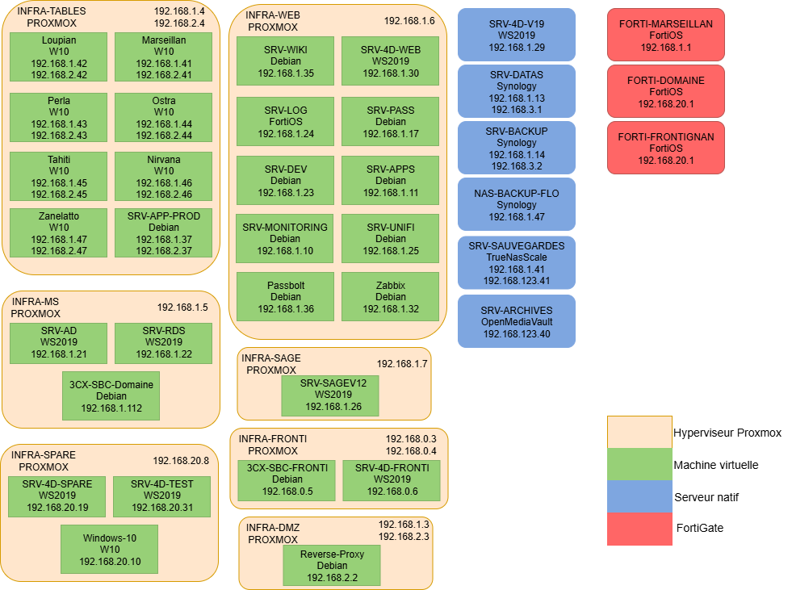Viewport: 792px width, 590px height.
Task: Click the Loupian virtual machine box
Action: (x=59, y=56)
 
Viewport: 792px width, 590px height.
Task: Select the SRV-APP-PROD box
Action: (x=164, y=233)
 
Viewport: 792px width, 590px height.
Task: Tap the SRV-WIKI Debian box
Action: (x=285, y=61)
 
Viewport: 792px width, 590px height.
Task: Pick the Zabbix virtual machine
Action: (x=390, y=297)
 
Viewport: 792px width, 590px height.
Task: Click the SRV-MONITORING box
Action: (x=285, y=239)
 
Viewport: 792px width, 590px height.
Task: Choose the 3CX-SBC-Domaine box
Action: (x=111, y=395)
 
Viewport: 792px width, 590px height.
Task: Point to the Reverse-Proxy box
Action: (x=332, y=566)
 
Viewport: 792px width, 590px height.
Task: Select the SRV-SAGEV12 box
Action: (x=329, y=395)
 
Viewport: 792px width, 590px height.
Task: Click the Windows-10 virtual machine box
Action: (x=110, y=549)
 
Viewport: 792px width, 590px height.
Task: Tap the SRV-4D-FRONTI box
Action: (x=392, y=479)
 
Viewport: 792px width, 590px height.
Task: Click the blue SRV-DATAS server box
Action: (x=517, y=91)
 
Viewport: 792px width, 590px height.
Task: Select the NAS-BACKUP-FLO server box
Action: (x=517, y=205)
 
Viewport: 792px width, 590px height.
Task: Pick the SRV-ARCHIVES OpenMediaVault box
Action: (x=517, y=321)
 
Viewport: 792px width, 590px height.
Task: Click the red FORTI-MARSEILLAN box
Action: (x=666, y=35)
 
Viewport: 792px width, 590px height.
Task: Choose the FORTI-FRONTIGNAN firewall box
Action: (x=666, y=149)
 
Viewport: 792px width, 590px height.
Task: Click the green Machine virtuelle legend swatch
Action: (x=639, y=465)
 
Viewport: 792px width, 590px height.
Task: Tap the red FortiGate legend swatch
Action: (x=639, y=529)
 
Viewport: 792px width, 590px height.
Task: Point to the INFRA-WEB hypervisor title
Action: (x=270, y=21)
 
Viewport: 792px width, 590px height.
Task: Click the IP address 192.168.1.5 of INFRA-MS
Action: (x=182, y=308)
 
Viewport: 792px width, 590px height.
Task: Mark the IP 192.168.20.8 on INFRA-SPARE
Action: (x=181, y=461)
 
